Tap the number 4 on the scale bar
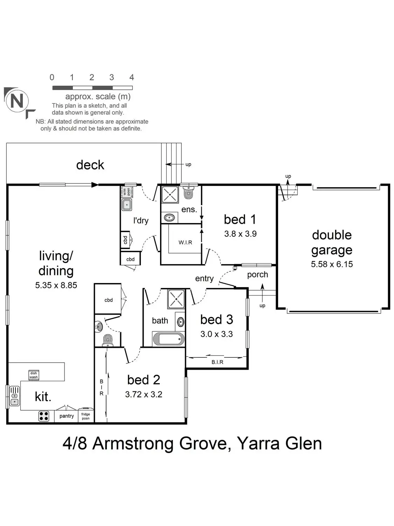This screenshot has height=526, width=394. [132, 77]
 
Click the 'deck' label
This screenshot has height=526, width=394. [90, 165]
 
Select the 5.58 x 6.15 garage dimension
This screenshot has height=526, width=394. [332, 264]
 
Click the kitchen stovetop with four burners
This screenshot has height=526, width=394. [44, 416]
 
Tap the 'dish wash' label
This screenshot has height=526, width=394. [34, 375]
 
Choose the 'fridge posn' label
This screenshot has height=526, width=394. [86, 416]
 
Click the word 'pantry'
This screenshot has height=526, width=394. [67, 416]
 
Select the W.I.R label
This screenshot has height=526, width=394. [185, 242]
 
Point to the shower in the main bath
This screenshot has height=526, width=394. [176, 299]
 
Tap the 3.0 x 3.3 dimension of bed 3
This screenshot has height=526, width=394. [216, 334]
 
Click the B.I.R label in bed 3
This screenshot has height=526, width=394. [217, 362]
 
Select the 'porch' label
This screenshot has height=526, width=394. [257, 275]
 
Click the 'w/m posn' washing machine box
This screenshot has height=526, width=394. [126, 192]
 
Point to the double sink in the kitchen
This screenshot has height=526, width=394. [14, 396]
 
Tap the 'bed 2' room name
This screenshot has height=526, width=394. [144, 380]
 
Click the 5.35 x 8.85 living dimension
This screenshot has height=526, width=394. [56, 285]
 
